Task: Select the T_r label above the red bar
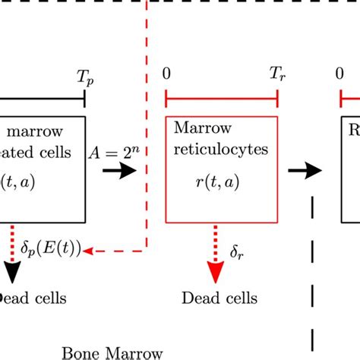pyautogui.click(x=276, y=75)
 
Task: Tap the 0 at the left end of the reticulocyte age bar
pyautogui.click(x=166, y=75)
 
